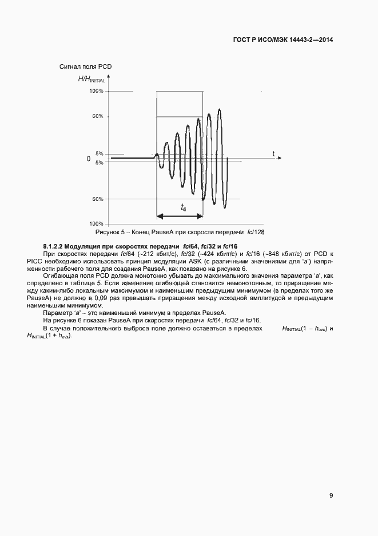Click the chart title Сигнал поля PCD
click(85, 67)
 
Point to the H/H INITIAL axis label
click(91, 79)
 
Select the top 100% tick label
click(96, 91)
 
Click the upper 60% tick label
click(97, 116)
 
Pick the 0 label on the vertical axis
click(89, 159)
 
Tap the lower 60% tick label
click(97, 199)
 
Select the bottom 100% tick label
click(96, 223)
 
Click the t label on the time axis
click(273, 153)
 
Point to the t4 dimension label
click(182, 208)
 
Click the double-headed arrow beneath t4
click(180, 216)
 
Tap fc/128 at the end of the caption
click(255, 232)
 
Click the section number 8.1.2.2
click(55, 246)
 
